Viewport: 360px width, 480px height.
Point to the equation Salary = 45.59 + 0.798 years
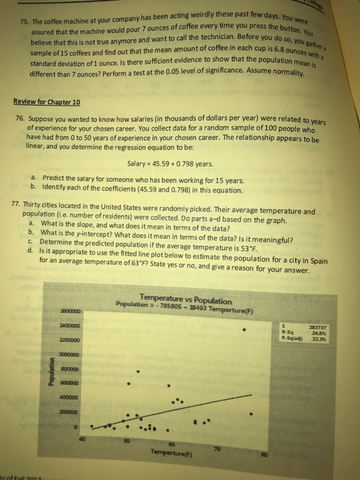click(x=180, y=182)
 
